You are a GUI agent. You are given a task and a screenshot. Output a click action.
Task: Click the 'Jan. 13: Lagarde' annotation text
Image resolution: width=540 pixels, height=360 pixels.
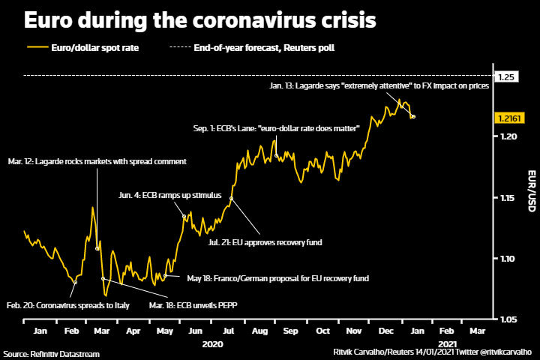[x=379, y=86]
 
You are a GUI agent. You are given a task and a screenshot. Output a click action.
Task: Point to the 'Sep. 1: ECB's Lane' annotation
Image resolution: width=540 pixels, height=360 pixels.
[x=276, y=129]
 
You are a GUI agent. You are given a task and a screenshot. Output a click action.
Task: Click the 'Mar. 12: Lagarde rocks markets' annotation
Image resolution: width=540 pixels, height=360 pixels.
[x=96, y=161]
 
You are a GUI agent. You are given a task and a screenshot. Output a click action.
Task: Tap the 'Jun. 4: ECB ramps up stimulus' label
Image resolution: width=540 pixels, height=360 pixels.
[x=170, y=195]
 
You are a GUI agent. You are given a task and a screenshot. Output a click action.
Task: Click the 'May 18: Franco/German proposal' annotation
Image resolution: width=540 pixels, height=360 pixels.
[x=278, y=278]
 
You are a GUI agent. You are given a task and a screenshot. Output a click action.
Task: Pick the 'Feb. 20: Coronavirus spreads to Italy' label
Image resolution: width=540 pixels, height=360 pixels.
[x=68, y=305]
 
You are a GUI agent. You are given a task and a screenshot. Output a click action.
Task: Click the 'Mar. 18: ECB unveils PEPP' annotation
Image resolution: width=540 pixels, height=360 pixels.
[x=197, y=305]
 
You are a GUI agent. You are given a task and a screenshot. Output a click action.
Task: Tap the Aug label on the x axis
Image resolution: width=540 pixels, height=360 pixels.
[x=260, y=330]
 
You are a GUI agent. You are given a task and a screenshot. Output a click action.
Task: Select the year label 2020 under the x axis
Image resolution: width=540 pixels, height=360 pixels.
[x=214, y=343]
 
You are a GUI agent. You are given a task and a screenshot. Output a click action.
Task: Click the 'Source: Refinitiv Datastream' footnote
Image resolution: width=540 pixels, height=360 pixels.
[x=51, y=353]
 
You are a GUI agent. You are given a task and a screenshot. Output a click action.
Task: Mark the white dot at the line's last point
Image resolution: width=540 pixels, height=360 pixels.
[x=414, y=116]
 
